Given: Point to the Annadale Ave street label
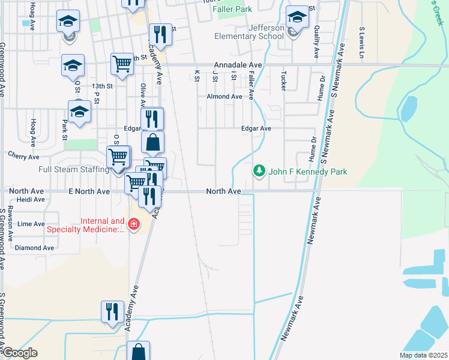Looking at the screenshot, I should click(x=238, y=65).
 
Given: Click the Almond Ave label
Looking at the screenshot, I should click(x=224, y=97).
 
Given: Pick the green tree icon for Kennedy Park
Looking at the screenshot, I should click(x=259, y=172).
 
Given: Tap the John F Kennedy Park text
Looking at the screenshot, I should click(x=308, y=172).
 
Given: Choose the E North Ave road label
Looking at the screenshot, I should click(x=90, y=191).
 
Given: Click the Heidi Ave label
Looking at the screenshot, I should click(x=31, y=200).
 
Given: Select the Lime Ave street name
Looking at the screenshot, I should click(x=31, y=224).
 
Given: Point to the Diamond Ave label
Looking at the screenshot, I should click(x=34, y=248).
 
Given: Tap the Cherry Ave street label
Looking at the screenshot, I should click(x=23, y=155).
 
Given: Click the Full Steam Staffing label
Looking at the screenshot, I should click(x=73, y=170).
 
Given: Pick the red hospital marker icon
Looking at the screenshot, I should click(x=133, y=225).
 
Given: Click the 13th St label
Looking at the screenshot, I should click(x=102, y=86).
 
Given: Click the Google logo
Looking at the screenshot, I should click(x=19, y=353).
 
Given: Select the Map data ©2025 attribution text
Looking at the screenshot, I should click(x=423, y=355).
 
